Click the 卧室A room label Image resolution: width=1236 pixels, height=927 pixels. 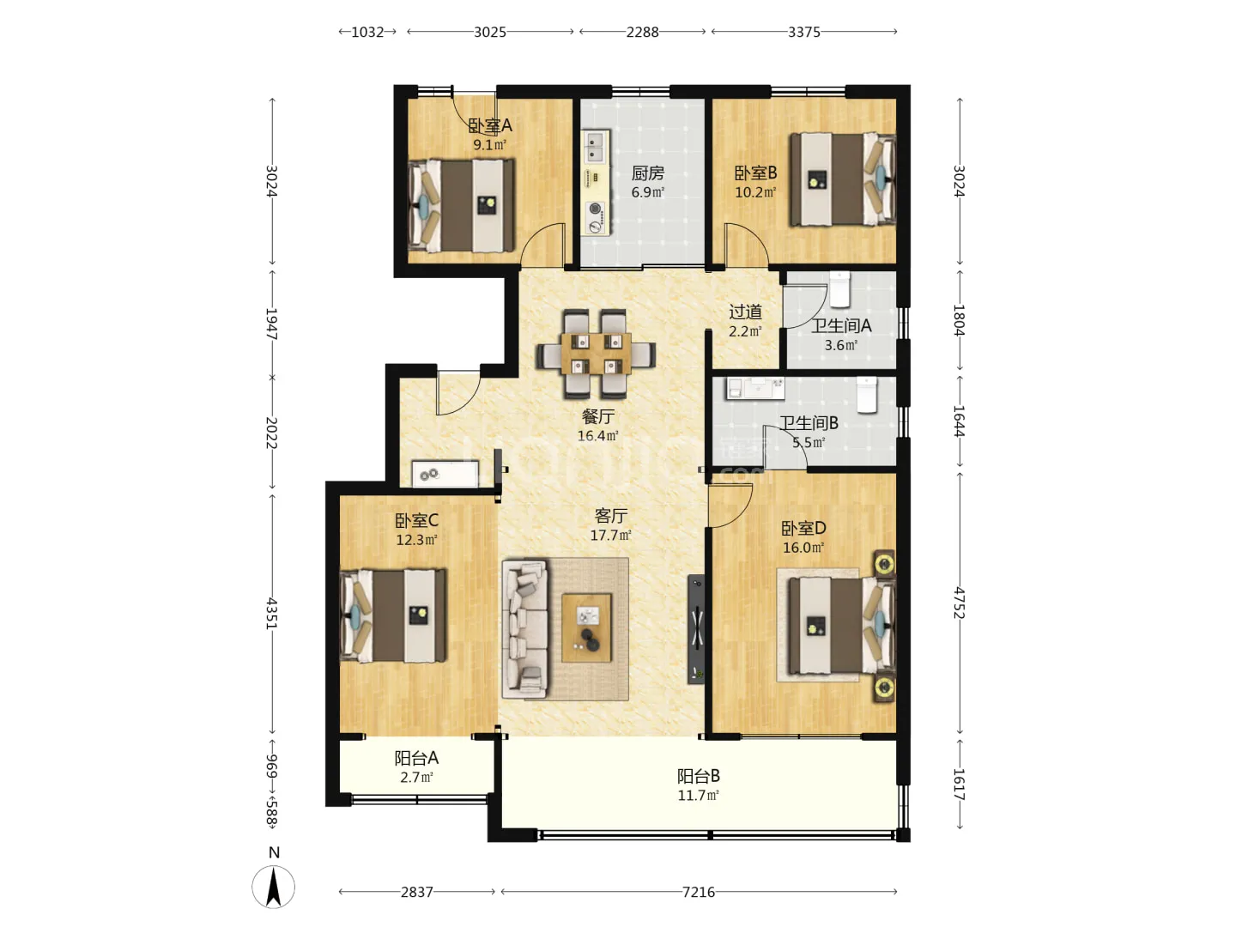coord(489,125)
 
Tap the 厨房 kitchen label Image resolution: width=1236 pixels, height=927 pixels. coord(647,173)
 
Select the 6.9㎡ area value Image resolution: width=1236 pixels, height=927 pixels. coord(647,192)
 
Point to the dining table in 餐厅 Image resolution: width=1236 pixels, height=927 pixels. coord(595,354)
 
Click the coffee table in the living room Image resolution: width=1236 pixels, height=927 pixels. coord(586,627)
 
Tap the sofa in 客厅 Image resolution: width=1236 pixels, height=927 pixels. coord(524,628)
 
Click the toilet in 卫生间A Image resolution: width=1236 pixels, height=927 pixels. coord(839,289)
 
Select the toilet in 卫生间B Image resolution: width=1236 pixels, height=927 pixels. coord(867,395)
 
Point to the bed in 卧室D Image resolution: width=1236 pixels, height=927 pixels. coord(841,627)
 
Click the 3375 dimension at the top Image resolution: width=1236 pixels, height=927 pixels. coord(803,32)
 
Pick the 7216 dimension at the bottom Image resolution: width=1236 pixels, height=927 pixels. coord(698,892)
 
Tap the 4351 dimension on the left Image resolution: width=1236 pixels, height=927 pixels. coord(272,614)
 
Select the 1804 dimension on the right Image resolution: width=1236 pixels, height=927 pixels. coord(959,319)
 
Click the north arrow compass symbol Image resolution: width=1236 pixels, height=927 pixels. coord(273,888)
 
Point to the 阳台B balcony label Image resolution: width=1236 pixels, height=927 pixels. coord(698,776)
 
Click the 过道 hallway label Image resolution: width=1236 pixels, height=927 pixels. coord(746,312)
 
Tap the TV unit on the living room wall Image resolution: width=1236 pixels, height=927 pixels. coord(697,629)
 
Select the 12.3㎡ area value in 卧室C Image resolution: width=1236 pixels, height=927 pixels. coord(416,541)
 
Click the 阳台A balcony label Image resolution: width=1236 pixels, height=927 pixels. coord(416,758)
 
